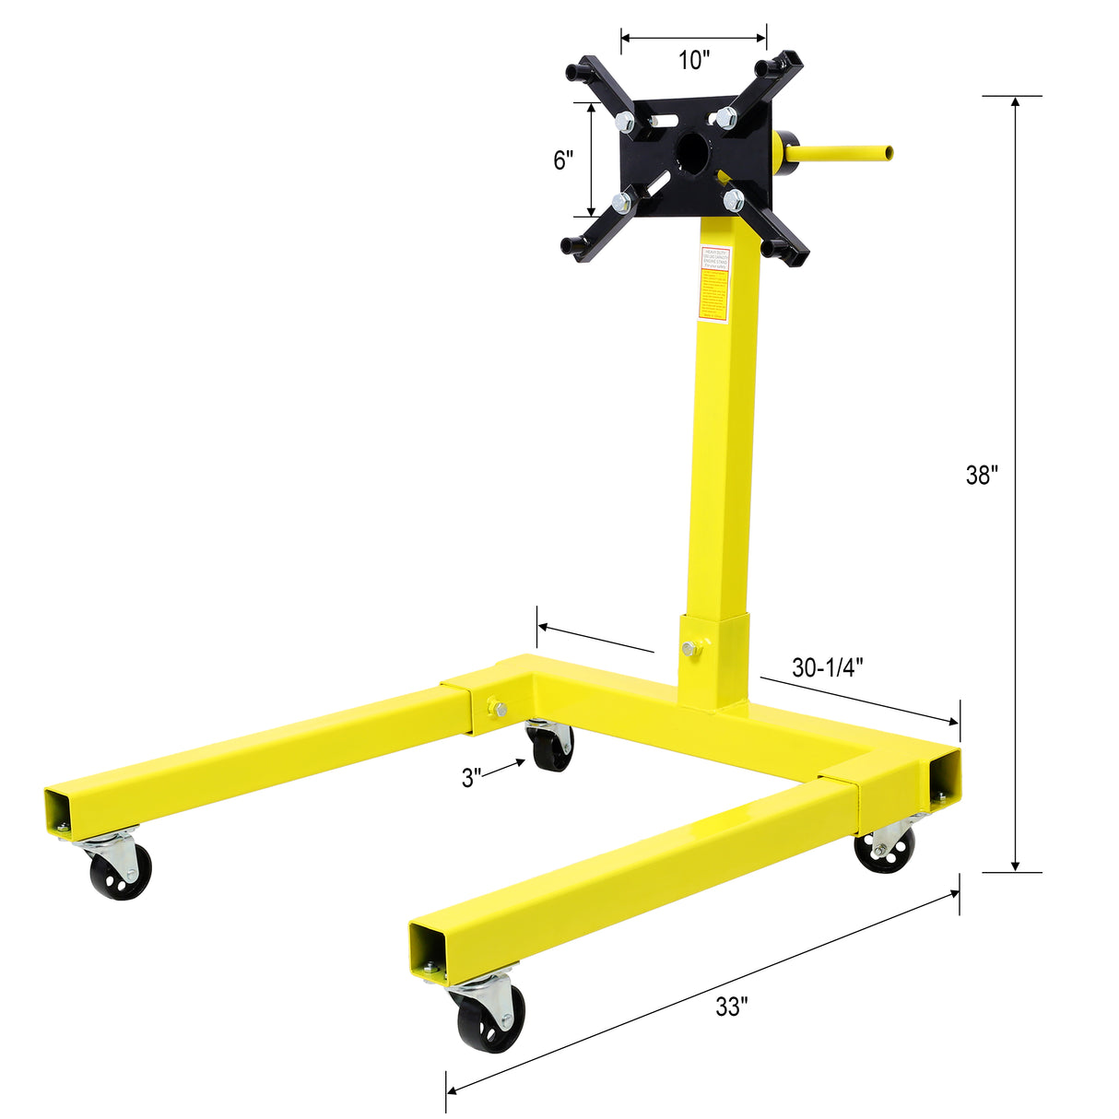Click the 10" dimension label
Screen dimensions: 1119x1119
694,61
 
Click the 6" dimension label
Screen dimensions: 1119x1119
563,160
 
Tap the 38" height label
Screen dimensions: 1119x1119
982,476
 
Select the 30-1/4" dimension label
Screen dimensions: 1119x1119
827,667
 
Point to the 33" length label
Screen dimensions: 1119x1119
730,1007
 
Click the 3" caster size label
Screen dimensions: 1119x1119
472,778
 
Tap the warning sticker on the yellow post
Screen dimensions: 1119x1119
714,284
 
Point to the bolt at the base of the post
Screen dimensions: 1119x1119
691,649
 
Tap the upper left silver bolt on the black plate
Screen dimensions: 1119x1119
624,121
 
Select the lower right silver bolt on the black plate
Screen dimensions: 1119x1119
734,199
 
